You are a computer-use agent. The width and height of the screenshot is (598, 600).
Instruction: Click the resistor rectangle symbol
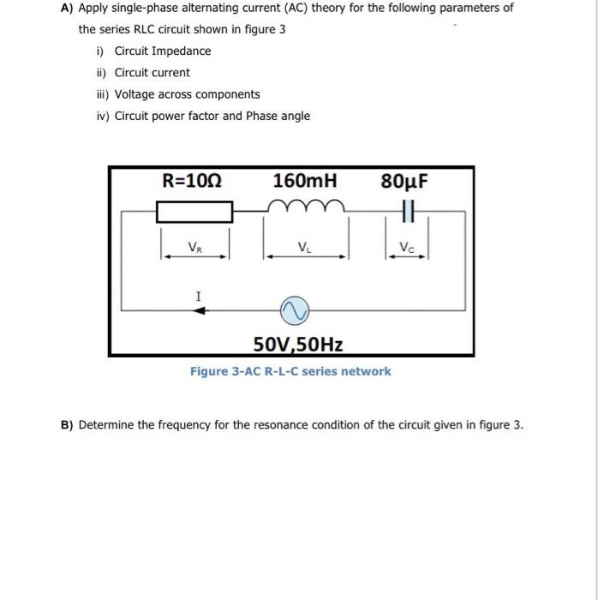pyautogui.click(x=194, y=210)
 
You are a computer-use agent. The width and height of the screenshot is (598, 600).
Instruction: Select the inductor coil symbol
pyautogui.click(x=304, y=207)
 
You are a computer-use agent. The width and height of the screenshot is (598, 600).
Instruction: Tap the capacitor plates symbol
pyautogui.click(x=406, y=210)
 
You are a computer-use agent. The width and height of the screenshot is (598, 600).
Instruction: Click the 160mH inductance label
pyautogui.click(x=304, y=181)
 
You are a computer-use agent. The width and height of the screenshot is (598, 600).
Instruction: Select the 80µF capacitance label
pyautogui.click(x=404, y=181)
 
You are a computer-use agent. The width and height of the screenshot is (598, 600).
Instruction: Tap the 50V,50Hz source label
pyautogui.click(x=298, y=345)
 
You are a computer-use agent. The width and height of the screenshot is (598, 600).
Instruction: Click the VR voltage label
pyautogui.click(x=195, y=248)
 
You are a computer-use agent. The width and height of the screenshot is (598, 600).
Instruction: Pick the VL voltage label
pyautogui.click(x=304, y=249)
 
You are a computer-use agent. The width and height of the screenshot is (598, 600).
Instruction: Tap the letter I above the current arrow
pyautogui.click(x=198, y=296)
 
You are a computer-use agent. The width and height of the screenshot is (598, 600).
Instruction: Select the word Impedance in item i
pyautogui.click(x=182, y=51)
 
